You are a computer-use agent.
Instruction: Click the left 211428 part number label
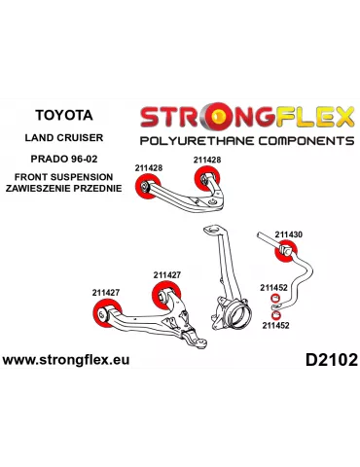point(149,167)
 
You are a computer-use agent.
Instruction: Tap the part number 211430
point(288,234)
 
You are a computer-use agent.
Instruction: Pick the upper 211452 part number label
point(273,287)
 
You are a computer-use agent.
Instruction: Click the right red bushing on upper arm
point(205,180)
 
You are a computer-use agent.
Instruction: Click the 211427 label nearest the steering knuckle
point(166,275)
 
